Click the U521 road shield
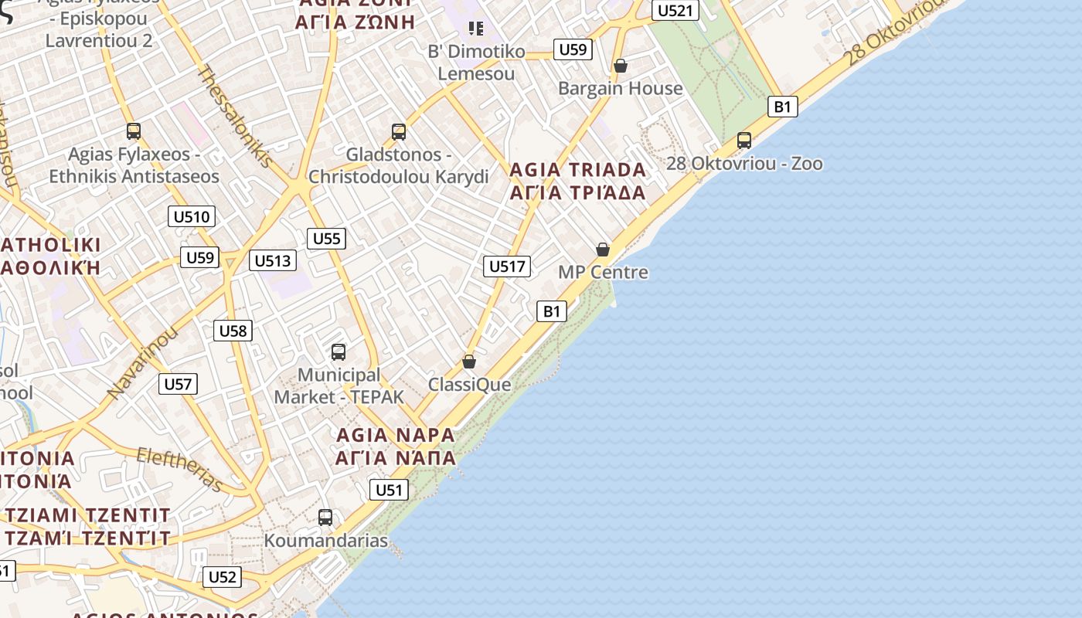[675, 10]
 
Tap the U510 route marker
[191, 216]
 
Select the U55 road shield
[326, 239]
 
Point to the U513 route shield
[273, 261]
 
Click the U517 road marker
[507, 267]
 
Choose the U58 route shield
[233, 331]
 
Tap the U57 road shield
[178, 384]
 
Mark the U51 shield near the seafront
[389, 490]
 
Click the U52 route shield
[222, 577]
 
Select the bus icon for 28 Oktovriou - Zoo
[744, 141]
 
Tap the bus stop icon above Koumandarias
[325, 518]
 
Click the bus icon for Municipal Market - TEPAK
[339, 352]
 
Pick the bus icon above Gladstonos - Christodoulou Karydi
[399, 132]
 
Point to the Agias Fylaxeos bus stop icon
[134, 131]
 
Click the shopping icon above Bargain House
[620, 66]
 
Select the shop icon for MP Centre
[603, 250]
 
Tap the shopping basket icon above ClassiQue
[468, 362]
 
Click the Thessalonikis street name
[235, 116]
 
